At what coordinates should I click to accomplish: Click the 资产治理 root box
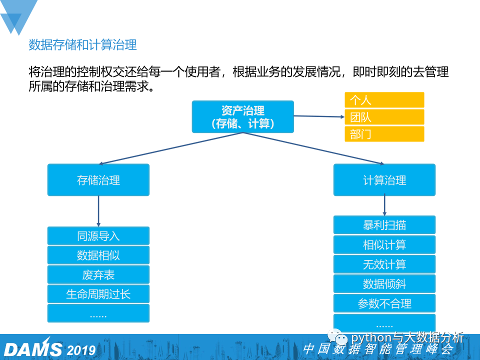[242, 117]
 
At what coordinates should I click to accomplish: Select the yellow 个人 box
[384, 100]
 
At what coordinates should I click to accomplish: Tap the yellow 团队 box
[384, 117]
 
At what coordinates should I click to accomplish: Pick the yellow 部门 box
[384, 134]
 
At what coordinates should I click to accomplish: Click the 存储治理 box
[98, 180]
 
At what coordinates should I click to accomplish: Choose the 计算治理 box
[384, 180]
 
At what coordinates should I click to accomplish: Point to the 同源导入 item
[98, 236]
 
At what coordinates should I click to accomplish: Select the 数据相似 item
[98, 255]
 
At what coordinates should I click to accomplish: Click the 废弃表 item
[98, 274]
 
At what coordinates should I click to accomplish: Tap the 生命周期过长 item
[98, 293]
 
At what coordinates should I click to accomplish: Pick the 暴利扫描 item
[384, 225]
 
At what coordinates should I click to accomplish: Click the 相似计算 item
[384, 244]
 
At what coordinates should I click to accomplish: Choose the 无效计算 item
[384, 264]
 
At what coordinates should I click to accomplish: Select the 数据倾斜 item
[384, 283]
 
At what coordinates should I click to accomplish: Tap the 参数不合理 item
[384, 303]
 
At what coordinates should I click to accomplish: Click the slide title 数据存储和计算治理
[82, 45]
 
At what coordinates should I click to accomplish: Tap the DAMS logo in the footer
[33, 348]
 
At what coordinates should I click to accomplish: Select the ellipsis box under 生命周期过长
[98, 313]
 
